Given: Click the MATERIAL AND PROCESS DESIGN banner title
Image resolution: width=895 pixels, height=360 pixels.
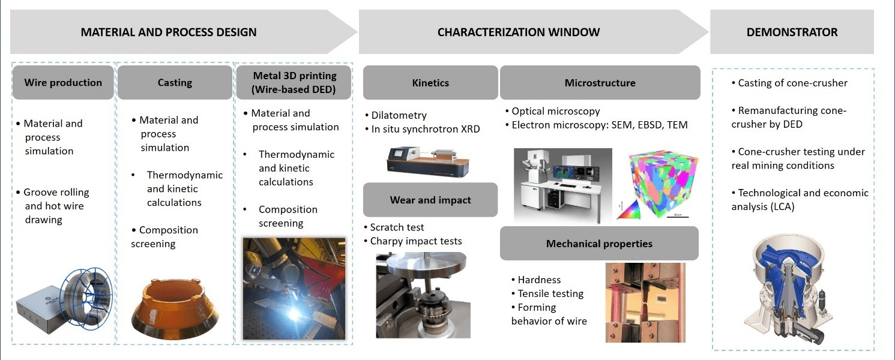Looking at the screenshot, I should [x=169, y=32].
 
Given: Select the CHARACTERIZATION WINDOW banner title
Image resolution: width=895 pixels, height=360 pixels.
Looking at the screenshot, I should [x=518, y=32].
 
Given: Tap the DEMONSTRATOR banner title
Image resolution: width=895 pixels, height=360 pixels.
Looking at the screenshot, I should [x=792, y=32].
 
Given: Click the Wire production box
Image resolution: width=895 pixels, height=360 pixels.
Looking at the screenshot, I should [x=63, y=83].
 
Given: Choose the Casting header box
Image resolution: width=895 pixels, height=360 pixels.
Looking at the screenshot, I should [x=175, y=83].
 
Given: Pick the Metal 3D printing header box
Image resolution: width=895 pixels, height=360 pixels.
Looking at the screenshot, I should [x=295, y=83].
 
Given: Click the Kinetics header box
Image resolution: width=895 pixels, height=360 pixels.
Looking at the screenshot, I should [x=430, y=83].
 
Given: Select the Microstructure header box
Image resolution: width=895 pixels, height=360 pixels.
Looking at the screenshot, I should [x=600, y=83].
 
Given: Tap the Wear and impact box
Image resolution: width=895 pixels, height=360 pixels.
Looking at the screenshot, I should [x=430, y=200].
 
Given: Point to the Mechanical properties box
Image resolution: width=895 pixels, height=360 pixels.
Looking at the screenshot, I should [x=599, y=244].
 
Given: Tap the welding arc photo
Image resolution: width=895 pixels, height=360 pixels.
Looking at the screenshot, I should [x=294, y=288].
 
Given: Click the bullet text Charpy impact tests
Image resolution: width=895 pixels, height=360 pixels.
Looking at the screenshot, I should [x=415, y=241].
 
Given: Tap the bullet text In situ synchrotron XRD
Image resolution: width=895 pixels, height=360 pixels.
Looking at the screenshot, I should [x=424, y=129].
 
